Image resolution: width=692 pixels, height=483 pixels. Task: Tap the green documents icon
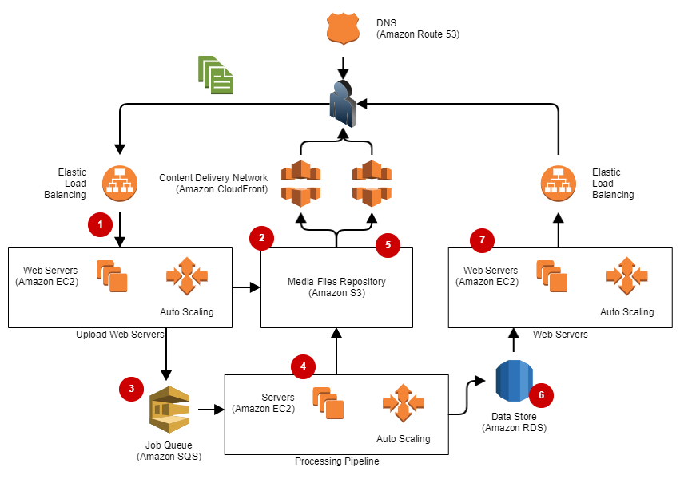click(x=216, y=73)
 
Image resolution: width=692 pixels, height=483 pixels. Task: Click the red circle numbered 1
click(x=100, y=225)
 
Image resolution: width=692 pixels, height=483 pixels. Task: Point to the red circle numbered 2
click(x=261, y=237)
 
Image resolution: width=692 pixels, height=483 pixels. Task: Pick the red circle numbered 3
click(x=131, y=389)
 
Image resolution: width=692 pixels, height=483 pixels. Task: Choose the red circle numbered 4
click(x=303, y=366)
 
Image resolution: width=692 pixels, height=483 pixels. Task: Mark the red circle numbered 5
click(x=388, y=245)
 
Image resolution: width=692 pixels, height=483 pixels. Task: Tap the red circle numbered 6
click(x=541, y=394)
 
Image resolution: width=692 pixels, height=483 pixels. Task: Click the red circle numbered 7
click(x=482, y=239)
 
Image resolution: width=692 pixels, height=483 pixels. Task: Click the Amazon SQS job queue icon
click(x=169, y=410)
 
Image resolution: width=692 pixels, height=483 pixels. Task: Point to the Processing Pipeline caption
click(x=336, y=461)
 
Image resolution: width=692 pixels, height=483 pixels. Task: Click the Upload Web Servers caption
click(x=119, y=334)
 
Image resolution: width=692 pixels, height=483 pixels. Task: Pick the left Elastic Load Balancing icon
click(x=120, y=183)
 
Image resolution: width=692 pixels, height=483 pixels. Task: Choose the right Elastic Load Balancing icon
click(x=558, y=183)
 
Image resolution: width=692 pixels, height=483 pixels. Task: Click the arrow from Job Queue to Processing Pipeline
click(x=209, y=410)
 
